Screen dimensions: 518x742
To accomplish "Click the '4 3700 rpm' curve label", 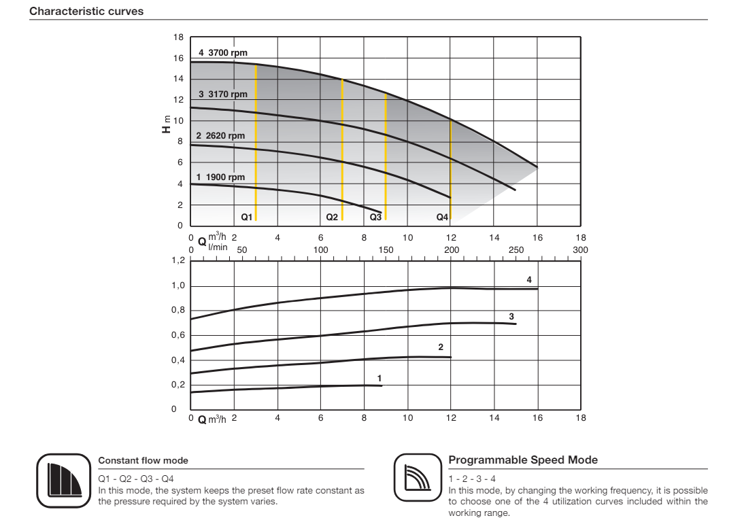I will click(x=224, y=52).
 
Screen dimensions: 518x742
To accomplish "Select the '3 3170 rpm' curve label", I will click(x=222, y=94).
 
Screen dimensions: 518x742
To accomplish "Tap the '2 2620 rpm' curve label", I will click(x=220, y=136).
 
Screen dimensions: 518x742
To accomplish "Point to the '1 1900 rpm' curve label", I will click(x=220, y=177).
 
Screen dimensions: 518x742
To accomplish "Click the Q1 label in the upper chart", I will click(x=247, y=218).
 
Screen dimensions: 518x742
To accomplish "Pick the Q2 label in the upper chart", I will click(x=332, y=218).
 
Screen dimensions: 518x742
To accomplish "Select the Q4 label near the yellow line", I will click(x=442, y=218).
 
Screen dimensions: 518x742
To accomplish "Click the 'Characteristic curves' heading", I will click(x=86, y=12).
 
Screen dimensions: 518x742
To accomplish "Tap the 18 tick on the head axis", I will click(x=179, y=38).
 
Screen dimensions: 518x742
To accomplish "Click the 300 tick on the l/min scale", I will click(x=580, y=250).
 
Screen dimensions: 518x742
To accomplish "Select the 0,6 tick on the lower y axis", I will click(x=178, y=336).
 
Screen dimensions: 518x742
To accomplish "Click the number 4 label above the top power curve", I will click(x=528, y=279).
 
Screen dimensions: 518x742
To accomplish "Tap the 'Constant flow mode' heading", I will click(x=144, y=461).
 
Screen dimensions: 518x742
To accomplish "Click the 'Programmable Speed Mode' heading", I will click(x=524, y=460).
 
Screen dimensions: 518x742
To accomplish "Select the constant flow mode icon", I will click(x=63, y=480).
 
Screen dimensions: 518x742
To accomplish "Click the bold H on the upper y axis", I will click(x=166, y=128).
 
